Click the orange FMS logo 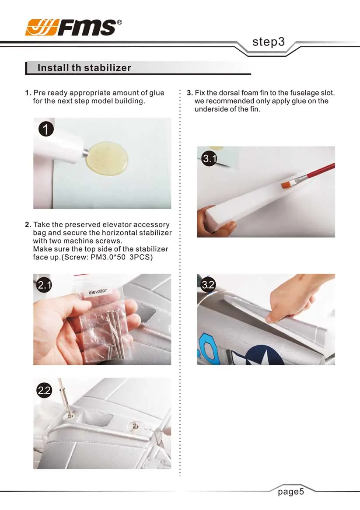(x=42, y=27)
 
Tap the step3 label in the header (x=268, y=42)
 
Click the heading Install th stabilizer (x=84, y=68)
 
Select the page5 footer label (x=291, y=492)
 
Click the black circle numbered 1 (x=46, y=129)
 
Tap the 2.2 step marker (x=44, y=390)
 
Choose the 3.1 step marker (x=209, y=158)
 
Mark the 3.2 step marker (x=208, y=285)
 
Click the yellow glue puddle (x=108, y=158)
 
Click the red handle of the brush (x=320, y=171)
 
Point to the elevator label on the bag (x=98, y=291)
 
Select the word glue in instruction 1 (x=157, y=93)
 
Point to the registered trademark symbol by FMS (x=119, y=22)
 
